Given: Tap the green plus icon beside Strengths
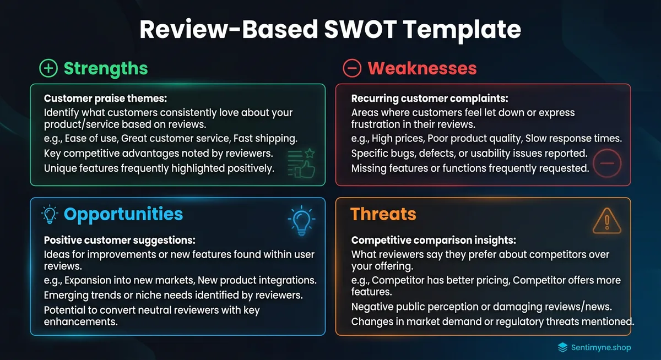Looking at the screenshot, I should (48, 68).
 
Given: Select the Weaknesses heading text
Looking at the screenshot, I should (422, 68).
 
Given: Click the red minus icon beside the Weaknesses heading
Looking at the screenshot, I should (351, 68).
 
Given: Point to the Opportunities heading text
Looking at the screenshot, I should (123, 214).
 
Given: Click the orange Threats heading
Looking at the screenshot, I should (383, 214).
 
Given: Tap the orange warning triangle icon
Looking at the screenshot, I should (606, 221).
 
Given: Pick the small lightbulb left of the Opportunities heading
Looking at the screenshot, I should (50, 214).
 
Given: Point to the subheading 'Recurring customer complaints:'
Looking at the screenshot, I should (430, 99).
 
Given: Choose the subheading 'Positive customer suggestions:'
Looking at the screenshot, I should (120, 240).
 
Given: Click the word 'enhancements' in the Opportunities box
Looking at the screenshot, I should (80, 322).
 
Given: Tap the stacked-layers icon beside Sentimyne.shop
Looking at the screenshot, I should (562, 347).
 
